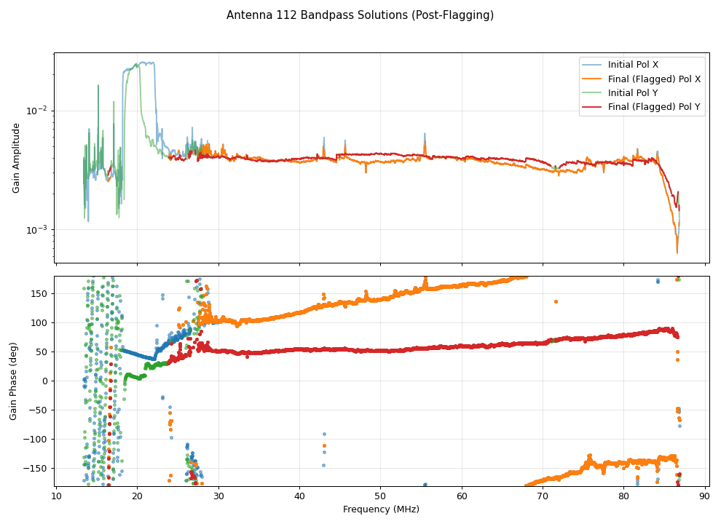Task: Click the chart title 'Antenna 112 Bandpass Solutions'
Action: (x=360, y=15)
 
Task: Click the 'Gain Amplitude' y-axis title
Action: (x=16, y=158)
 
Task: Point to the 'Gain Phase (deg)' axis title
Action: (x=13, y=381)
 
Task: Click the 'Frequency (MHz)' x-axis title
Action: (x=381, y=509)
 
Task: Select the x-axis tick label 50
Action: (x=381, y=496)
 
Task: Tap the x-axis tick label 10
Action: (x=56, y=496)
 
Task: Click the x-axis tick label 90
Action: (x=705, y=496)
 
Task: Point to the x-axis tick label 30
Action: (x=218, y=496)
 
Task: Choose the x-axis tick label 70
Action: (x=543, y=496)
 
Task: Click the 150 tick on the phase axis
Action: (x=40, y=293)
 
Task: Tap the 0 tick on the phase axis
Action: (x=45, y=381)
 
